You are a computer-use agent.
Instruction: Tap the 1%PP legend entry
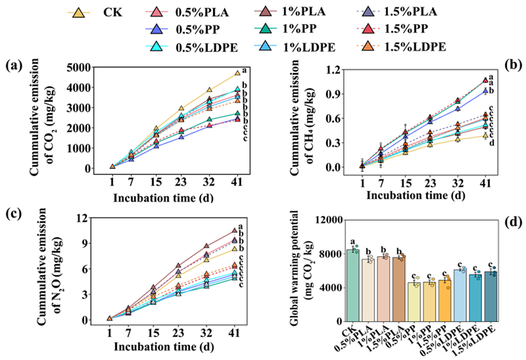296,29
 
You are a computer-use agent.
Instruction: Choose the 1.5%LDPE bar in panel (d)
491,296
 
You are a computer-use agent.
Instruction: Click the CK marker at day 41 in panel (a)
237,74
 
